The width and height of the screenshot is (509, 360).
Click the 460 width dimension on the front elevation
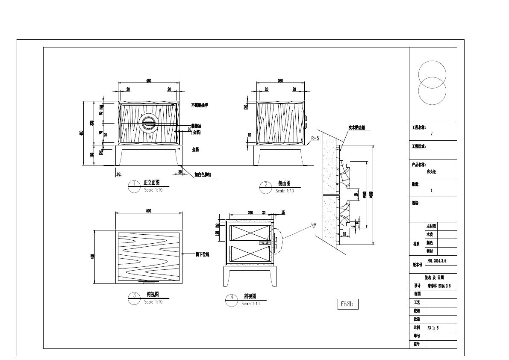[x=149, y=81]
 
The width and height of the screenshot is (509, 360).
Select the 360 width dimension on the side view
[x=280, y=81]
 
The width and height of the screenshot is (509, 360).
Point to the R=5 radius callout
[x=315, y=138]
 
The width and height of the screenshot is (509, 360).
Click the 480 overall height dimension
[x=82, y=133]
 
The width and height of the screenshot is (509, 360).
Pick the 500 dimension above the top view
[x=149, y=211]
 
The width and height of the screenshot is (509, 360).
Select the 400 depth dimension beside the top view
[x=93, y=257]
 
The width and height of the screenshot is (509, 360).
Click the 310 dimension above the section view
[x=250, y=212]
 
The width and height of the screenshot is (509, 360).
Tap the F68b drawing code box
[x=347, y=304]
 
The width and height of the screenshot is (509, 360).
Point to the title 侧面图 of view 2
[x=284, y=183]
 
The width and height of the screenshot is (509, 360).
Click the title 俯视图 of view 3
[x=153, y=294]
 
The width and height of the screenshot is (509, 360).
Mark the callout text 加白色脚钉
[x=203, y=175]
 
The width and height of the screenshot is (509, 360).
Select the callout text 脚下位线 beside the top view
[x=202, y=254]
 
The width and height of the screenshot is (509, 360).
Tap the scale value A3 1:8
[x=433, y=328]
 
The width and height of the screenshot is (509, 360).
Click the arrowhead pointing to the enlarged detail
[x=314, y=224]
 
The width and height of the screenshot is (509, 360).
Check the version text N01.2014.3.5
[x=437, y=260]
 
